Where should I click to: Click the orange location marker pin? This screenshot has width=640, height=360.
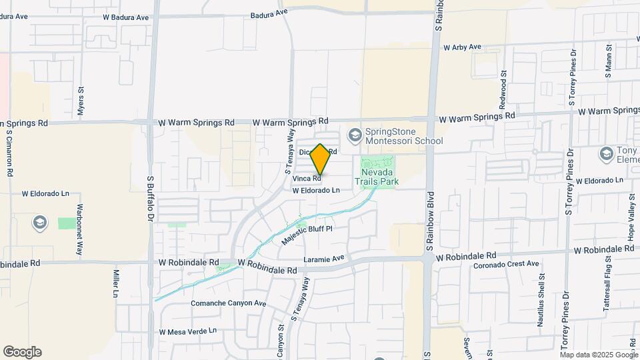[321, 159]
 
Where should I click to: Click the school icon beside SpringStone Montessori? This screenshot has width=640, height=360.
[355, 136]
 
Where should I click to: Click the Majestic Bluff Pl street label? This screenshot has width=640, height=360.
[306, 233]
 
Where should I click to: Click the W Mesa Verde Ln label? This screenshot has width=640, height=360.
[189, 331]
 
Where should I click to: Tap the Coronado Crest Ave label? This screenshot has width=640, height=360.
[506, 264]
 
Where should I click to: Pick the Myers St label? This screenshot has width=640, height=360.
[81, 101]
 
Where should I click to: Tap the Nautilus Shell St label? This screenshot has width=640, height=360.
[541, 303]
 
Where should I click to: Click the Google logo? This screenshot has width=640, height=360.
[22, 352]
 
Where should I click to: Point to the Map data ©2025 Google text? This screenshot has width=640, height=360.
[599, 354]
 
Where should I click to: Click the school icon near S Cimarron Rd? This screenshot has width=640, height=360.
[40, 221]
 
